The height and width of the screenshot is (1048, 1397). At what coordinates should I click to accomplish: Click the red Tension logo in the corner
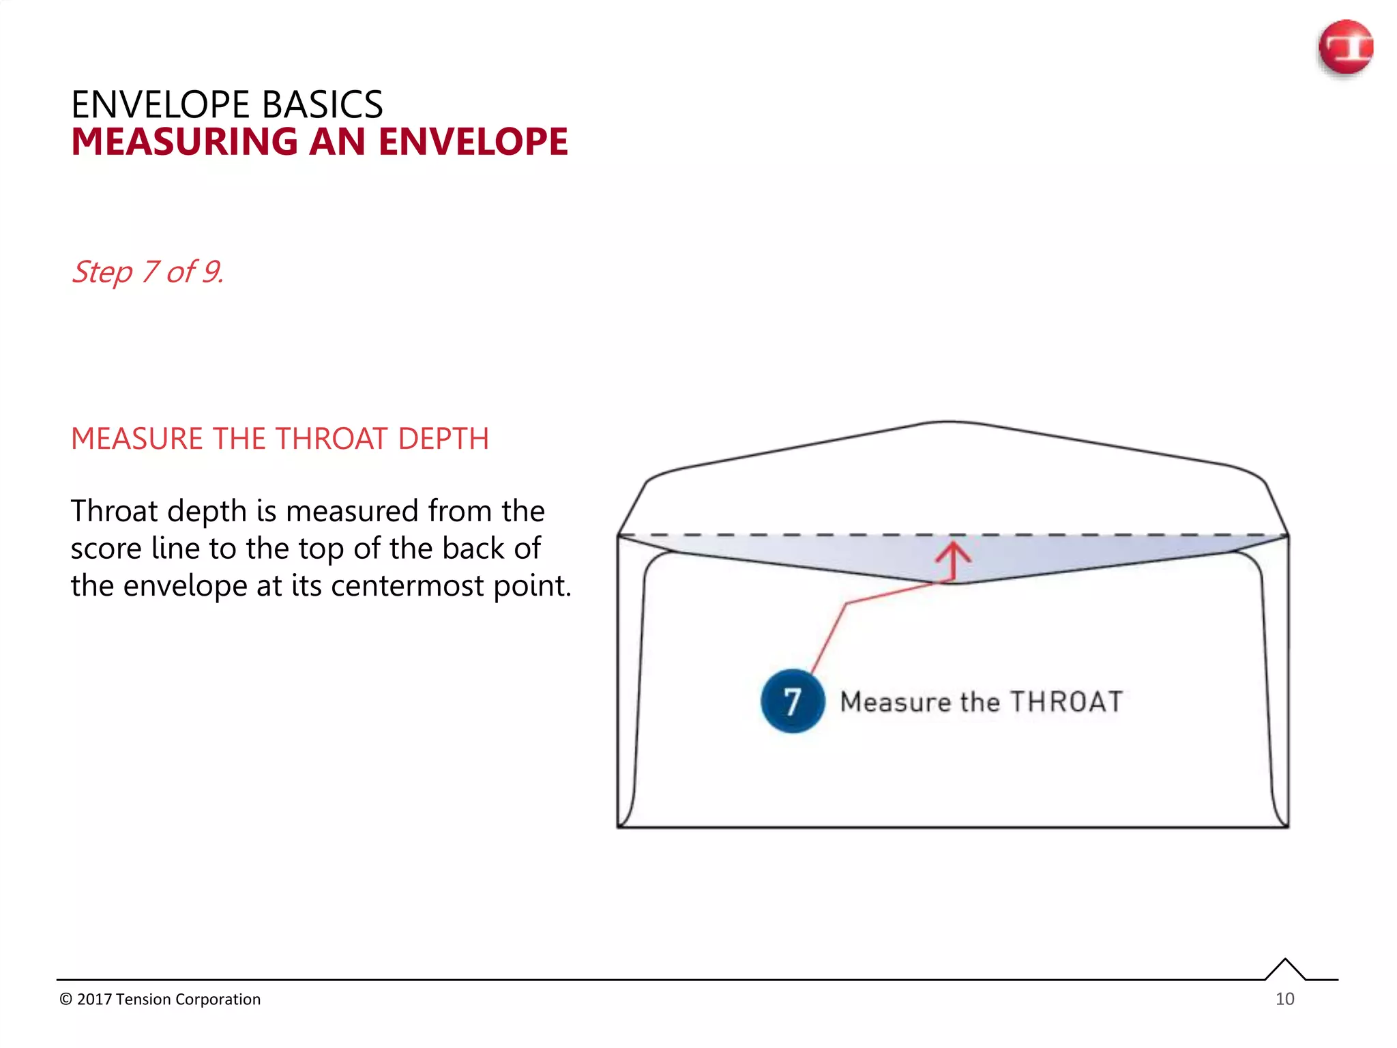tap(1345, 47)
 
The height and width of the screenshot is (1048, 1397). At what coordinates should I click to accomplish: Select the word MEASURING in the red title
tap(184, 142)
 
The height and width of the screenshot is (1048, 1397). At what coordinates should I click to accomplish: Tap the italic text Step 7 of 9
tap(147, 272)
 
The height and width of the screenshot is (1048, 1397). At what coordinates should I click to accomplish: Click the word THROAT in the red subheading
tap(332, 439)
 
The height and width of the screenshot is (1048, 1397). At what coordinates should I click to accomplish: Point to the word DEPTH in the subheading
tap(443, 439)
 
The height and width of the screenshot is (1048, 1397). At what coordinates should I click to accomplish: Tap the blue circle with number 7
tap(792, 701)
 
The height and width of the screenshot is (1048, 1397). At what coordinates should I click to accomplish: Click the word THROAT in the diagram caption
tap(1066, 702)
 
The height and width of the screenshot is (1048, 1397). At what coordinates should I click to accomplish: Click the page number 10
tap(1284, 999)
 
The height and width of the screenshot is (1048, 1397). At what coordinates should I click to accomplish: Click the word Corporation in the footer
tap(218, 1000)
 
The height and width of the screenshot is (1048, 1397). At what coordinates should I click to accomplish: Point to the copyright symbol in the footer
tap(65, 1000)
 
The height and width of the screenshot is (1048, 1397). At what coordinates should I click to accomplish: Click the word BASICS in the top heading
tap(322, 105)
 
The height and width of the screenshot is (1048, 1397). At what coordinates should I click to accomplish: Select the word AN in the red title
tap(338, 142)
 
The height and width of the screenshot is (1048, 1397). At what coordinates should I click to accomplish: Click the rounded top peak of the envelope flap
tap(949, 422)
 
